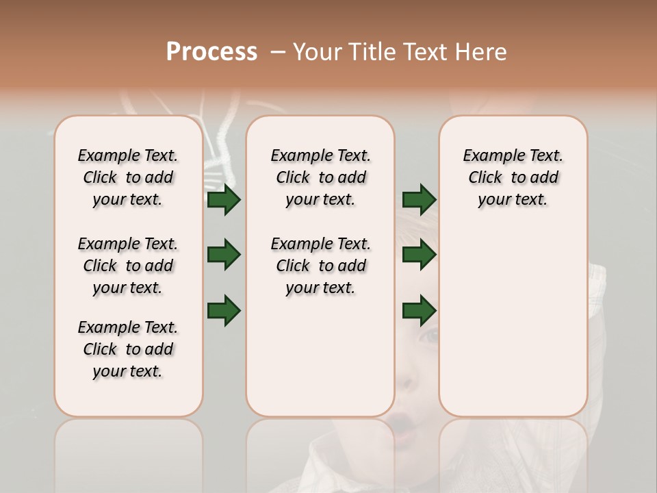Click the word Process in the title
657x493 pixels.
point(211,52)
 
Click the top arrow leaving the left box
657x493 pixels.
point(224,200)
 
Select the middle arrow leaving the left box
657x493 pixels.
point(224,255)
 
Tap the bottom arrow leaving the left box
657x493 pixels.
point(224,310)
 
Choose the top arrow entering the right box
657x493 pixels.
point(419,200)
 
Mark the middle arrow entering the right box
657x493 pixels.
point(419,255)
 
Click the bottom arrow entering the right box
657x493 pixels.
point(419,310)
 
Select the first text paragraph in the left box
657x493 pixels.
point(128,177)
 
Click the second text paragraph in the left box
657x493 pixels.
point(128,266)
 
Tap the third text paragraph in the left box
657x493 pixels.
point(128,349)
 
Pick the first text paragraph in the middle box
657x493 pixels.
point(320,177)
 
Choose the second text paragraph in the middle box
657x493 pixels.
point(320,266)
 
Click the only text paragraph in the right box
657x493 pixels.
point(513,177)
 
